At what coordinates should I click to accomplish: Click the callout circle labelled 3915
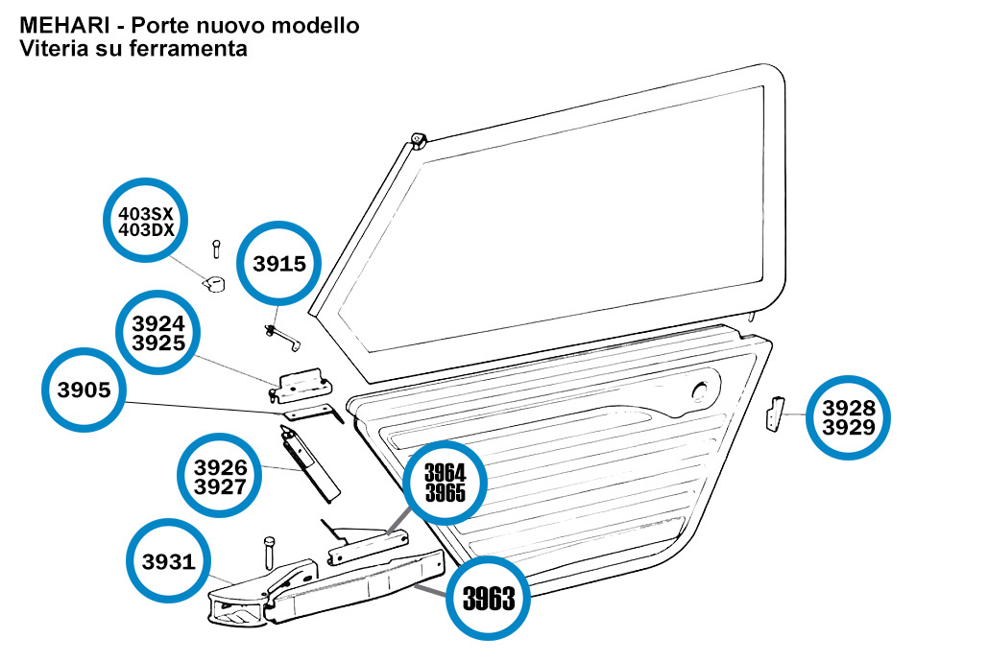click(x=279, y=263)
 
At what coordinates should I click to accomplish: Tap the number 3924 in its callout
click(x=158, y=324)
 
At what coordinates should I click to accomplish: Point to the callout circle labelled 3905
click(x=84, y=390)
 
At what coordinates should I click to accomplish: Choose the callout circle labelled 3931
click(x=169, y=562)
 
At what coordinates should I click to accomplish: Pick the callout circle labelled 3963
click(x=490, y=599)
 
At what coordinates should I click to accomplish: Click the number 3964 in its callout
click(x=445, y=472)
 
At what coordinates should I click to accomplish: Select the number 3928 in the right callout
click(x=849, y=408)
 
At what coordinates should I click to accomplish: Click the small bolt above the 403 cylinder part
click(x=217, y=248)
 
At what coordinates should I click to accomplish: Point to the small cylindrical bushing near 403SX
click(x=214, y=283)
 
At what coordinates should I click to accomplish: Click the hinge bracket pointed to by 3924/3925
click(x=301, y=385)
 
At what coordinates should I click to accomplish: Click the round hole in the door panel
click(x=702, y=390)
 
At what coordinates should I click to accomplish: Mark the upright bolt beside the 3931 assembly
click(x=268, y=553)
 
